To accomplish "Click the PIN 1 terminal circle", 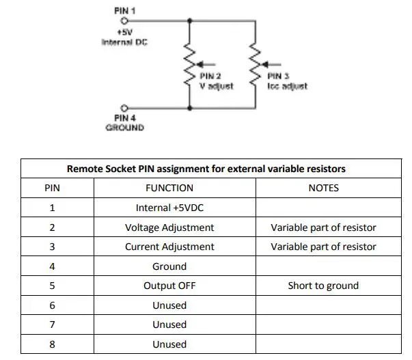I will [x=124, y=21].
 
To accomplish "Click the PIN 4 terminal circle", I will [x=124, y=108].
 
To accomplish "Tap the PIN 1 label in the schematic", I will [x=124, y=11].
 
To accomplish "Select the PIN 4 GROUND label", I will [x=124, y=123].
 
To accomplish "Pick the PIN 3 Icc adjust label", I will [x=287, y=81].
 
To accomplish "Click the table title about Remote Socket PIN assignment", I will [x=206, y=168].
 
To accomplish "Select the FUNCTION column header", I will [x=169, y=188].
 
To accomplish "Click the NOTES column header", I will [x=323, y=188].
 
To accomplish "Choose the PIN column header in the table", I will [x=52, y=188].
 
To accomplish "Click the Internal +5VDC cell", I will [x=169, y=208].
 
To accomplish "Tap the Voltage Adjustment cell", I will [x=169, y=227].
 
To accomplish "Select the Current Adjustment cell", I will [x=169, y=247].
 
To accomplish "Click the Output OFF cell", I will [x=169, y=286].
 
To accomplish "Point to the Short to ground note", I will [x=323, y=286].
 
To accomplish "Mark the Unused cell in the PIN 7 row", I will [x=169, y=324].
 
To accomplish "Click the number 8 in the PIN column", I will [x=52, y=344].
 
